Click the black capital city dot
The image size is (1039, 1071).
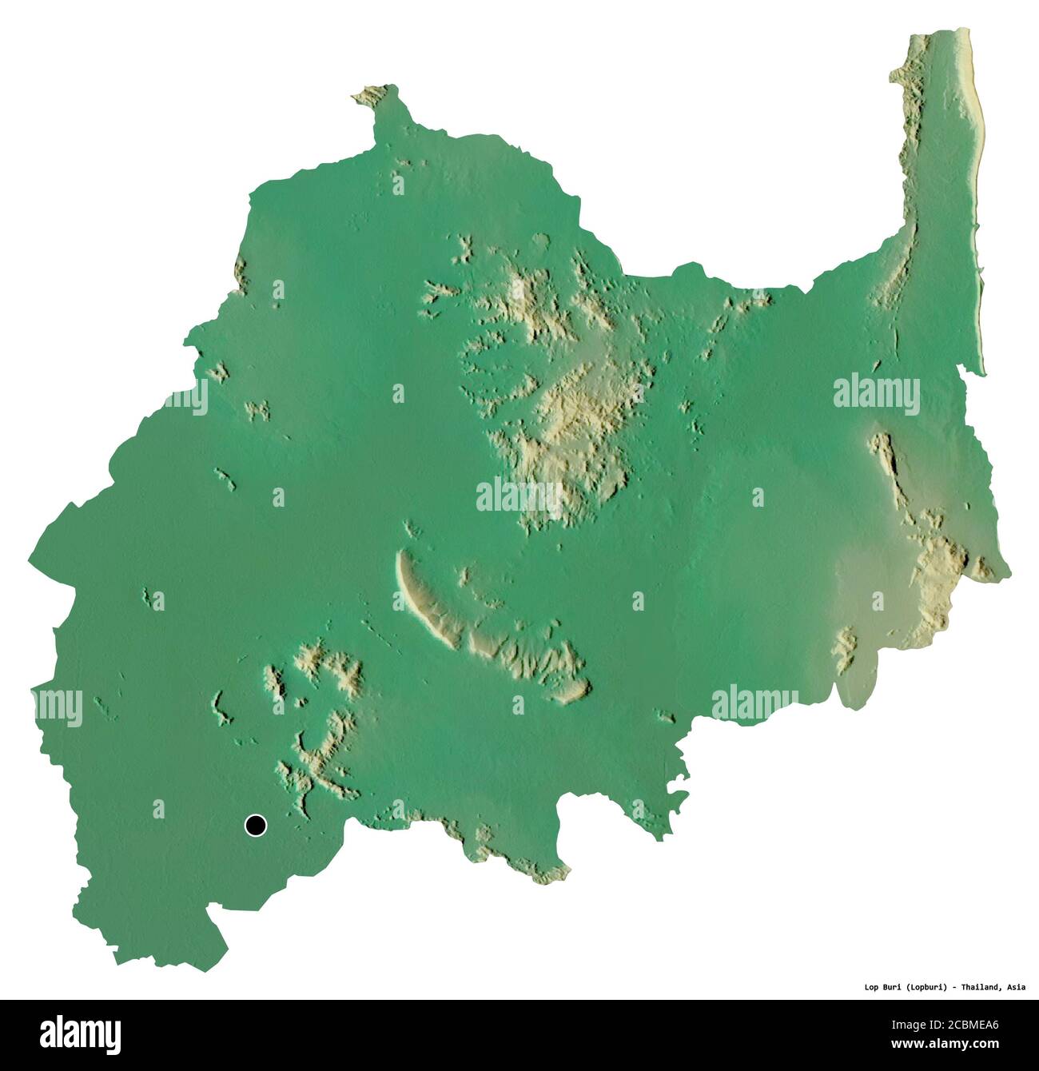256,826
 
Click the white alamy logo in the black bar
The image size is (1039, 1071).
81,1032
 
